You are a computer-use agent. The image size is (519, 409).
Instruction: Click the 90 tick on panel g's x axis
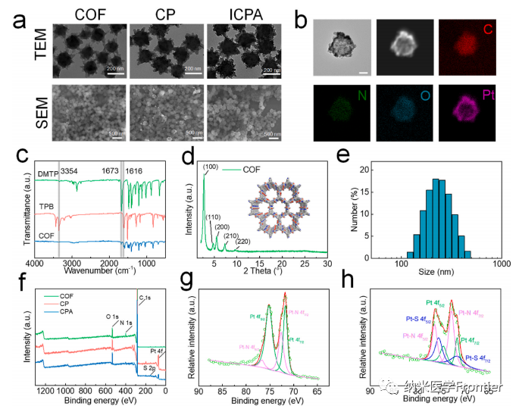[x=199, y=392]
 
